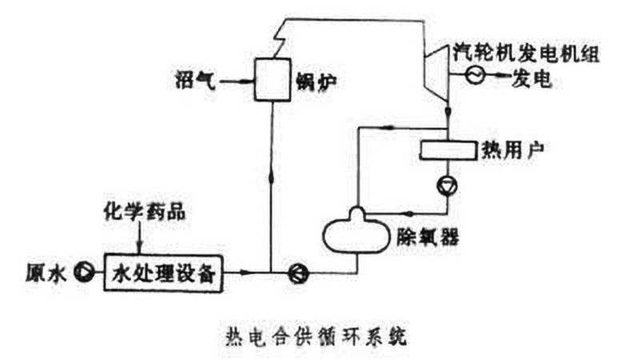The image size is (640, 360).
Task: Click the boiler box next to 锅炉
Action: coord(272,79)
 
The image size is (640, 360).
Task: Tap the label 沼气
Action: coord(195,81)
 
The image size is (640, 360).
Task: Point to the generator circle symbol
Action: coord(473,77)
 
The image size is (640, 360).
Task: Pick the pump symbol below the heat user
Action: coord(445,186)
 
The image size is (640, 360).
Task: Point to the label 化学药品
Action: coord(138,214)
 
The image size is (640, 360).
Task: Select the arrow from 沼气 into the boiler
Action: coord(237,80)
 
